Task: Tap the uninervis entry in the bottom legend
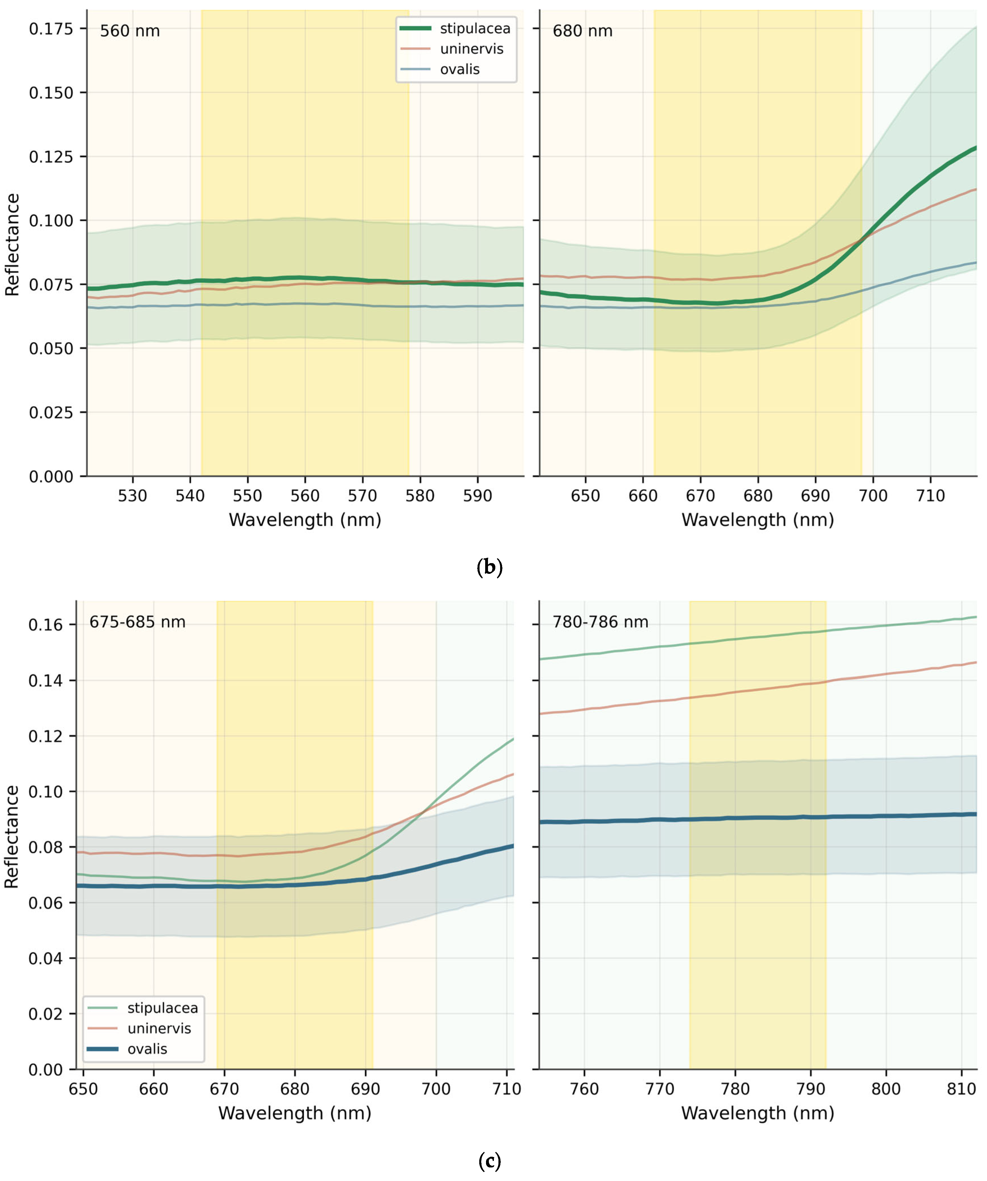(141, 1028)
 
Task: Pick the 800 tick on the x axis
(886, 1089)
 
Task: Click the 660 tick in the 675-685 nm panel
(154, 1089)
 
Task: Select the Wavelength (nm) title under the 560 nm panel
(305, 520)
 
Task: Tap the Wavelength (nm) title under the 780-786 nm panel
(758, 1113)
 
